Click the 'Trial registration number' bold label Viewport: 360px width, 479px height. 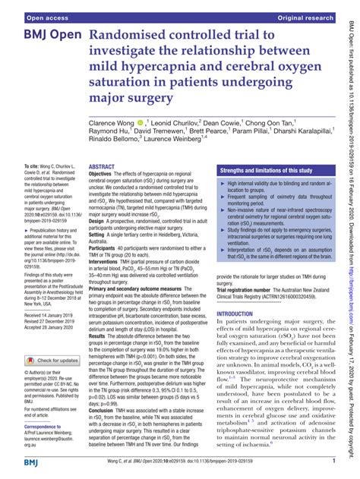[x=250, y=290]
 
